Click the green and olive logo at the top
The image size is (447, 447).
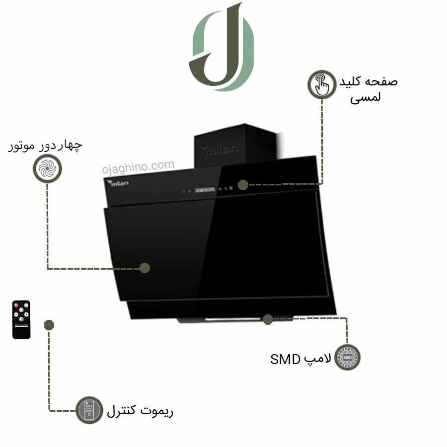[221, 47]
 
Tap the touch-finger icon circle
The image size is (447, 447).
[322, 84]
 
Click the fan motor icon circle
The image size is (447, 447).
[47, 168]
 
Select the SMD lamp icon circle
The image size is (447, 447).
[347, 357]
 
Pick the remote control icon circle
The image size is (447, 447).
[89, 410]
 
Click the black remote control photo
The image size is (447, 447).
[21, 319]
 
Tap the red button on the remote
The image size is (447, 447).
[16, 305]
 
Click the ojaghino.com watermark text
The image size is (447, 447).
[138, 167]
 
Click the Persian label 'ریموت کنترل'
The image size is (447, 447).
[140, 411]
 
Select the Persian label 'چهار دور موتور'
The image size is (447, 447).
[45, 146]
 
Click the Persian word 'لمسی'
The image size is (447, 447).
[366, 97]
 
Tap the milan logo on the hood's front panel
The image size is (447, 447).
[118, 183]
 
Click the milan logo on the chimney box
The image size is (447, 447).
[220, 150]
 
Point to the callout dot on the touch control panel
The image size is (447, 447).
[243, 185]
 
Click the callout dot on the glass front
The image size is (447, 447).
[145, 268]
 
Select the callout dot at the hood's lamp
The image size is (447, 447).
[268, 319]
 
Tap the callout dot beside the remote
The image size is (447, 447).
[49, 325]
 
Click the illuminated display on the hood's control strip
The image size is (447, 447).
[205, 190]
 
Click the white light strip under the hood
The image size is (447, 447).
[233, 319]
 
